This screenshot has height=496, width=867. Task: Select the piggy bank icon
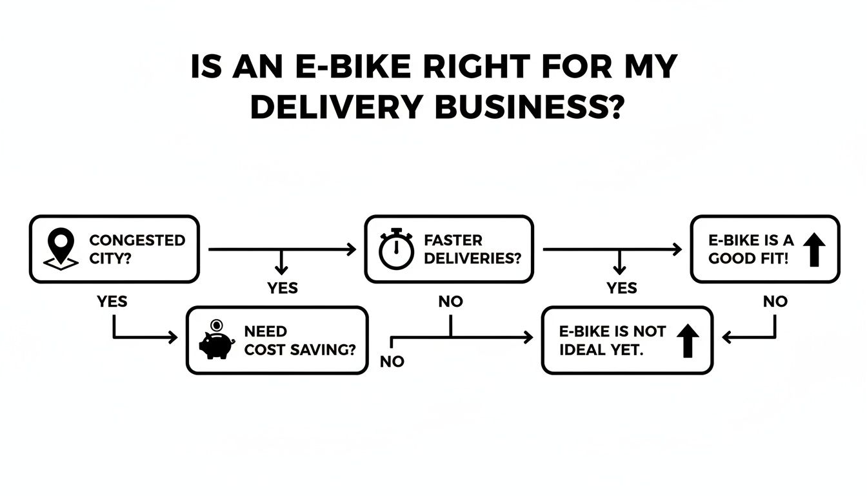[217, 340]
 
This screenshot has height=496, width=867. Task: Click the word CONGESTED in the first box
[137, 240]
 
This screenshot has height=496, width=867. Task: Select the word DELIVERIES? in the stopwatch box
[472, 258]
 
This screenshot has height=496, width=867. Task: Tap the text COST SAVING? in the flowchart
[300, 349]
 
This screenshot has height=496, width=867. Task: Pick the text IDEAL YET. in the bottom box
[601, 349]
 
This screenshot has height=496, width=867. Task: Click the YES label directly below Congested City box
[112, 302]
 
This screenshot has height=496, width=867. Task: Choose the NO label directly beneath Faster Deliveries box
[450, 302]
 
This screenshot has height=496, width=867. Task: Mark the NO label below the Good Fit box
[775, 302]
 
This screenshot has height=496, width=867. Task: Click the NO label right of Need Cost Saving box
[392, 362]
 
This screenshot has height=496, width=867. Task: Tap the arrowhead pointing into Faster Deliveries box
[352, 249]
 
